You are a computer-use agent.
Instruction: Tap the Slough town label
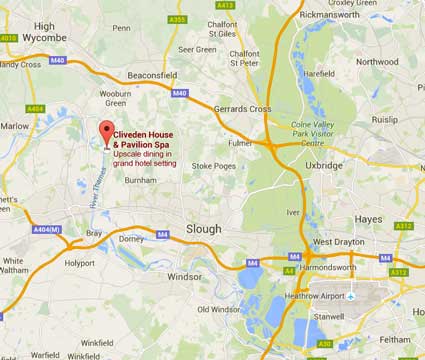(x=206, y=229)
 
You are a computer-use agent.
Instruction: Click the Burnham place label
(x=141, y=180)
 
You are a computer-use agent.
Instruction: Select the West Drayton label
(x=337, y=242)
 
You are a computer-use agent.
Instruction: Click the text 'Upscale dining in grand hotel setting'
(x=149, y=158)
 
